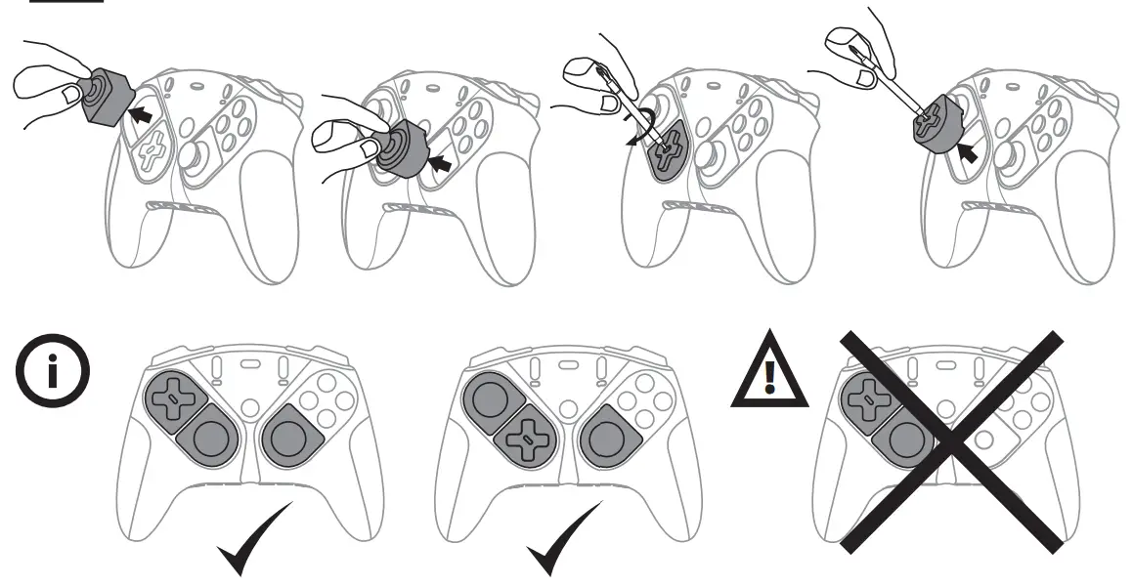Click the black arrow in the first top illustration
click(143, 114)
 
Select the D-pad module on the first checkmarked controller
click(171, 398)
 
